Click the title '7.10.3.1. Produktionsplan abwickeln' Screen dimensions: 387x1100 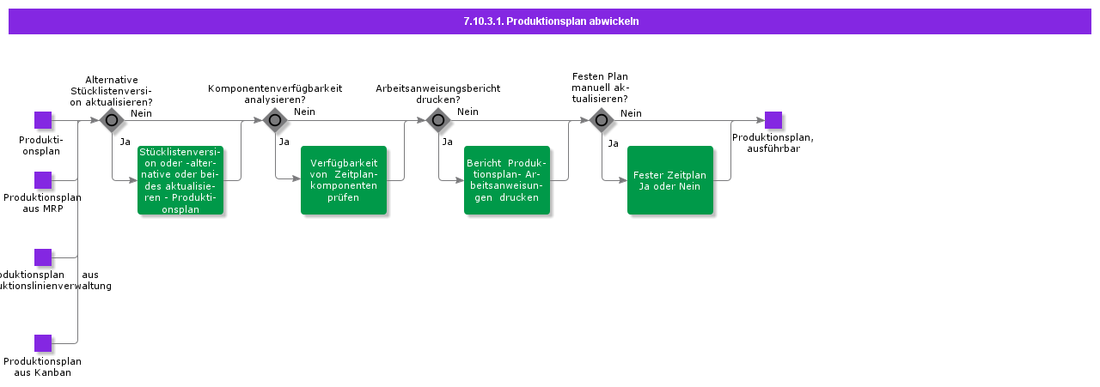point(550,21)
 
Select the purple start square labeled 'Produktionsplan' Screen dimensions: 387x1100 point(43,120)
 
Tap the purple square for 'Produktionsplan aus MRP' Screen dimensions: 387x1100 point(43,180)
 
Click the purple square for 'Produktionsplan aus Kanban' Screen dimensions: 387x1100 point(43,343)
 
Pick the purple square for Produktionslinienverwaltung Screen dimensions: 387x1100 point(43,257)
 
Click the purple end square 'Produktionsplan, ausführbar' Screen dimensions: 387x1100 point(773,120)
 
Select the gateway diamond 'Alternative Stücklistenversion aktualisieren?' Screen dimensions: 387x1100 point(112,120)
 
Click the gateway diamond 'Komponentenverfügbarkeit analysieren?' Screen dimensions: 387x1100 point(275,120)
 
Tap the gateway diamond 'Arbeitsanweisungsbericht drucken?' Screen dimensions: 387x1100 point(438,120)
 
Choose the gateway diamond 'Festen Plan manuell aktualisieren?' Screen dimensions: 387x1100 point(602,120)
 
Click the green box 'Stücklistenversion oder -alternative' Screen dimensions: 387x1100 point(180,180)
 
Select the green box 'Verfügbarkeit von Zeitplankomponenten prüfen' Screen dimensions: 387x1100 point(344,180)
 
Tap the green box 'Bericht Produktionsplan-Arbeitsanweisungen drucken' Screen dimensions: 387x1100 point(507,180)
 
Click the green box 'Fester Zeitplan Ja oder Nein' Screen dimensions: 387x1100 point(670,180)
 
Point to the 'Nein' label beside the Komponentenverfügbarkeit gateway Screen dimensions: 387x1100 point(304,112)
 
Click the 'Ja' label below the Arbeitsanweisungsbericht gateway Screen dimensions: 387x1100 point(447,142)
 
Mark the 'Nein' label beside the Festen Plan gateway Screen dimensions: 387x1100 point(631,113)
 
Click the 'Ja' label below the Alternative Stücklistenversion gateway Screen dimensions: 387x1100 point(125,142)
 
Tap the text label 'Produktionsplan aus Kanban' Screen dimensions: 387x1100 point(43,367)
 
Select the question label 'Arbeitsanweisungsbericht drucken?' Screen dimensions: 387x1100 point(437,94)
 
